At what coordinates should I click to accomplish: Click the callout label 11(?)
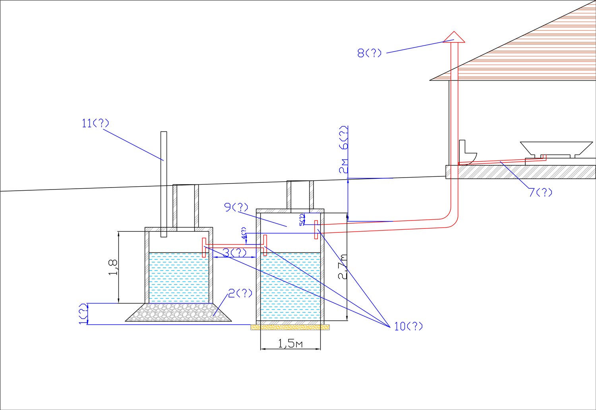coord(95,123)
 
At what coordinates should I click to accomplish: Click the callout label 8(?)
coord(369,53)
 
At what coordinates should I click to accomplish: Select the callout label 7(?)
coord(540,193)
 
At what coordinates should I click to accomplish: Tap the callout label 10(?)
coord(408,327)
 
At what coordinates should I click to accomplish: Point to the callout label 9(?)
coord(236,207)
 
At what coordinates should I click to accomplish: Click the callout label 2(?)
coord(240,294)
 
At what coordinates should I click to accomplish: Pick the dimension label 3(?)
coord(234,253)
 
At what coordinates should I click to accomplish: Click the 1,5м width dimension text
coord(290,344)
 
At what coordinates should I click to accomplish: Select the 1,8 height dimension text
coord(113,267)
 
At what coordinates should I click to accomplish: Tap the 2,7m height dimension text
coord(343,267)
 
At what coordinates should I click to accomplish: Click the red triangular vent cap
coord(454,37)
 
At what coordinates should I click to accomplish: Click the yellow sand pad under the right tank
coord(290,327)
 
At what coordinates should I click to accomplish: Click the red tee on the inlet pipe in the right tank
coord(316,229)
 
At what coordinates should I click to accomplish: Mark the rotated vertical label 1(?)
coord(82,314)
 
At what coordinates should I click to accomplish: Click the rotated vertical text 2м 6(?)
coord(344,149)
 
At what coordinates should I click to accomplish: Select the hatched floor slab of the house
coord(521,172)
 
